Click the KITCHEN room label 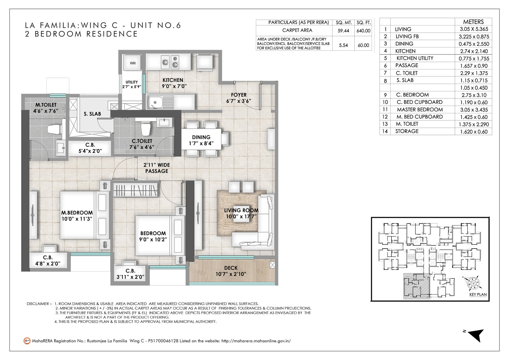[173, 80]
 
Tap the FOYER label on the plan [239, 95]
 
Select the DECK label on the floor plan [231, 268]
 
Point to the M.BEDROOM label [77, 213]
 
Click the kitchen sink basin [155, 102]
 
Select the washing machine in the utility [133, 62]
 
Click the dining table [201, 139]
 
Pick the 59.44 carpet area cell [343, 31]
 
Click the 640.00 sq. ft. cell [363, 31]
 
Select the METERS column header [473, 22]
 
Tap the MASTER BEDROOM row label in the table [420, 109]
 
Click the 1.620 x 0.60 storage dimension [474, 132]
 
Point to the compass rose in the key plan [473, 283]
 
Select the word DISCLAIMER [38, 304]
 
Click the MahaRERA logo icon [27, 341]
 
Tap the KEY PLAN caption [478, 294]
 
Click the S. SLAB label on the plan [92, 114]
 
